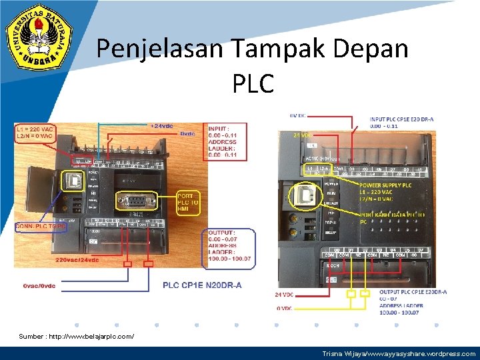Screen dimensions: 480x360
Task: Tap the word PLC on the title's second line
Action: point(253,83)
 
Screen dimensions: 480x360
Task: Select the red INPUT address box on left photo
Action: point(227,141)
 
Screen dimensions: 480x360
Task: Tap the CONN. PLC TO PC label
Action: point(41,226)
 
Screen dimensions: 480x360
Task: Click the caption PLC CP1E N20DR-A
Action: point(202,285)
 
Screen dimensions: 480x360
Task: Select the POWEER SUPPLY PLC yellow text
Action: point(386,185)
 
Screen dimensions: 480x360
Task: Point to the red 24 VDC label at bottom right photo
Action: point(284,294)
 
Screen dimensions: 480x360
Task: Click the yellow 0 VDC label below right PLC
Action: point(285,308)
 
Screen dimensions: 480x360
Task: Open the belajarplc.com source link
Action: point(76,337)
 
